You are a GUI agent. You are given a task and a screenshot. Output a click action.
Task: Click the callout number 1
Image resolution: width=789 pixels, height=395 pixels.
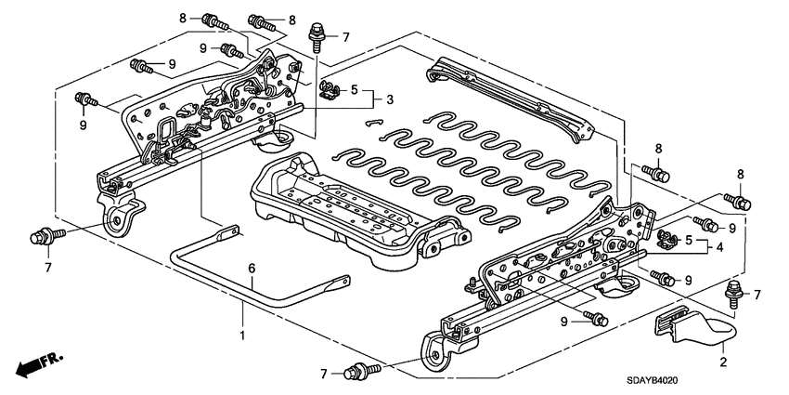click(243, 334)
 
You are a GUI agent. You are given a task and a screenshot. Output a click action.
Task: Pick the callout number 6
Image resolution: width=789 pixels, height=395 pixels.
click(251, 269)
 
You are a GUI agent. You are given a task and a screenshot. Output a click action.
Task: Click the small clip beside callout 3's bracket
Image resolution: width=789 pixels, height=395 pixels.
click(327, 89)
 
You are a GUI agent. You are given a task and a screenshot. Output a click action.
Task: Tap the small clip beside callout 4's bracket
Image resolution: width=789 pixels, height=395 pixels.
click(665, 240)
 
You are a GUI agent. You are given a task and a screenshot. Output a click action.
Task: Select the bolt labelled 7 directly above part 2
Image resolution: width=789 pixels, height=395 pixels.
click(733, 291)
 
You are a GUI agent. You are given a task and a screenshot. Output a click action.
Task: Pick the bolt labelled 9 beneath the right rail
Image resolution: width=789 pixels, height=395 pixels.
click(596, 321)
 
